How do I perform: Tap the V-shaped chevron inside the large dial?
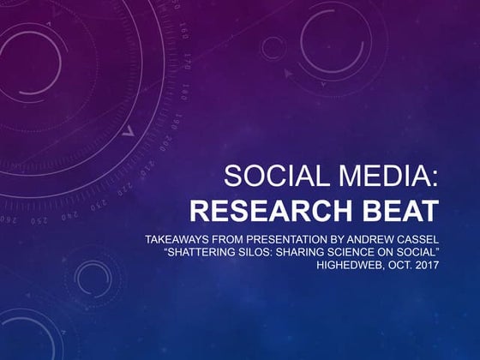pyautogui.click(x=129, y=132)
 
